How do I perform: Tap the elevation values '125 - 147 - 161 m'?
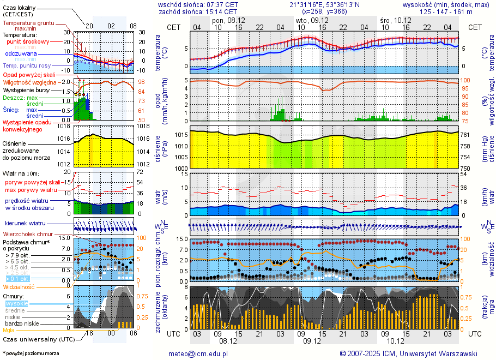[450, 11]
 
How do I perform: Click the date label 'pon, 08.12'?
[228, 20]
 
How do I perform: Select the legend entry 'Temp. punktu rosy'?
[27, 65]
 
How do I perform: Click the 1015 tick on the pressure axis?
[181, 135]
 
